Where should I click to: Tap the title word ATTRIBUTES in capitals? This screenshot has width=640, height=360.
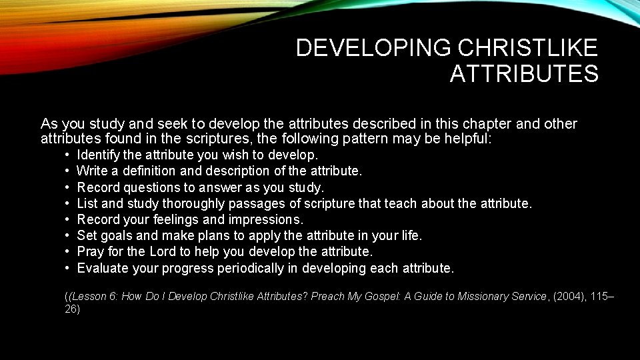[x=524, y=74]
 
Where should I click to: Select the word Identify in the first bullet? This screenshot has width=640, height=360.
[x=98, y=155]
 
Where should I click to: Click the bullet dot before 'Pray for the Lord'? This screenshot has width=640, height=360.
[x=68, y=251]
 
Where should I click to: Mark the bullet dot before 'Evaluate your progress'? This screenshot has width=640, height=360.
[x=68, y=267]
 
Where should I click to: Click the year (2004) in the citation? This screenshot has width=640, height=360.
[x=569, y=297]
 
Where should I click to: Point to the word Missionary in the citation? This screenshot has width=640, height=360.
[x=479, y=297]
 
